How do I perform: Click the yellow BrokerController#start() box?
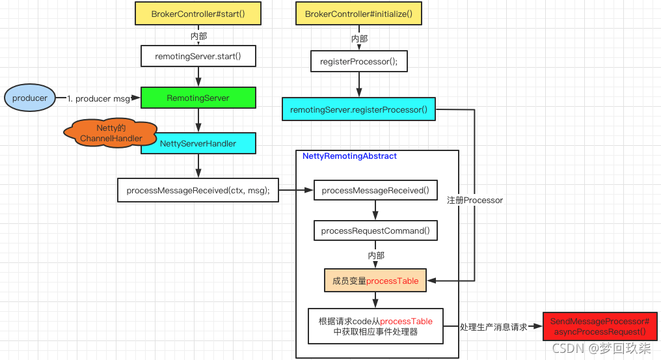click(198, 14)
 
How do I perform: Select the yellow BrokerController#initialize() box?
click(358, 14)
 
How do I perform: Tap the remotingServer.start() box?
click(198, 56)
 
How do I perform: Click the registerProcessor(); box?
click(358, 61)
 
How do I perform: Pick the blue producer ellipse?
click(30, 98)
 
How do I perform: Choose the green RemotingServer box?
click(198, 98)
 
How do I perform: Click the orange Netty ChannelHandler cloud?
click(111, 133)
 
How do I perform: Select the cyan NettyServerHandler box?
click(198, 143)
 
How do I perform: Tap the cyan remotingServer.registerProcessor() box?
click(358, 109)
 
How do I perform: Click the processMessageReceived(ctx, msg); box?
click(198, 190)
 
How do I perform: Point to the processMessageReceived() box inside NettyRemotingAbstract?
click(375, 190)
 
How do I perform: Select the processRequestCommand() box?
click(375, 231)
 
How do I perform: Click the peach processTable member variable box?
click(375, 281)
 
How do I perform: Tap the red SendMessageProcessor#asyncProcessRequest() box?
click(599, 327)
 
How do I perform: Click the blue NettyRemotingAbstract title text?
click(349, 156)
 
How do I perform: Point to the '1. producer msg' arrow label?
click(98, 98)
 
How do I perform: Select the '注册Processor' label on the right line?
click(475, 200)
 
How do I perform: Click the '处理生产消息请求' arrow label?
click(493, 327)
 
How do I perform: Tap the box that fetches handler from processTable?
click(375, 326)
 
